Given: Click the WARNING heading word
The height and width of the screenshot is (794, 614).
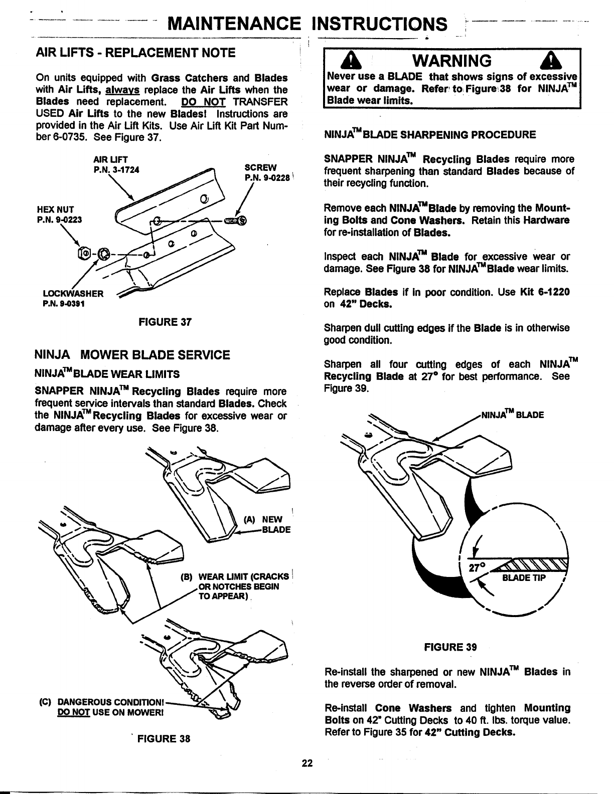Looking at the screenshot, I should point(450,61).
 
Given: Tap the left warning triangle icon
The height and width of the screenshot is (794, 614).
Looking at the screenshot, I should point(348,62).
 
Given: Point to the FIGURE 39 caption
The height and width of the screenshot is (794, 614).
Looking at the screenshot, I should point(450,647).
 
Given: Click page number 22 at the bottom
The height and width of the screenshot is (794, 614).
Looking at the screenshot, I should point(307,763).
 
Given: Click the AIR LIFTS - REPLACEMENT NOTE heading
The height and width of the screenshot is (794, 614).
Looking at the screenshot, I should point(136,53).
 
